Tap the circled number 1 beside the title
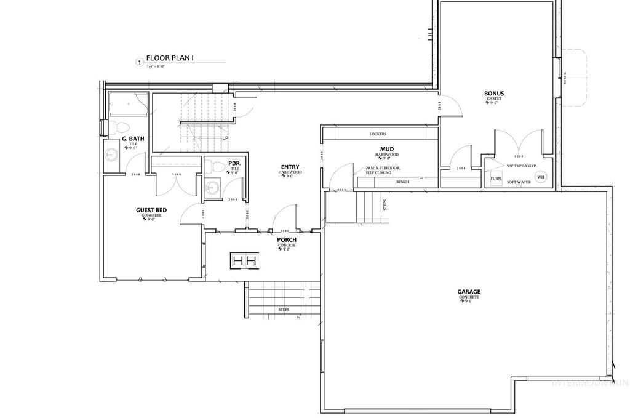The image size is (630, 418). tap(140, 62)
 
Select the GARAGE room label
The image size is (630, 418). tap(469, 292)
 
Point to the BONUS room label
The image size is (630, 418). tap(494, 94)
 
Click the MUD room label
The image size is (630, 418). tap(387, 150)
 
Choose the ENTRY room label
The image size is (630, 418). tap(290, 167)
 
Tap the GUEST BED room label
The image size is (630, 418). tap(151, 211)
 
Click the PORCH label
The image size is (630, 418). tap(287, 240)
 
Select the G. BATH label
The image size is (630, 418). tap(133, 139)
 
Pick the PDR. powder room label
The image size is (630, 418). tap(234, 164)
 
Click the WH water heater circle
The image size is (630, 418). tap(541, 177)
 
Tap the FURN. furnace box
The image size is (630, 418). tap(496, 179)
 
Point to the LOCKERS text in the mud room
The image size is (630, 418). tap(378, 134)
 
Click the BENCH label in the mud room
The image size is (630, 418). tap(403, 182)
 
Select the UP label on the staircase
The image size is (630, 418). tap(225, 138)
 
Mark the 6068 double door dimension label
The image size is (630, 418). tap(518, 156)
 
